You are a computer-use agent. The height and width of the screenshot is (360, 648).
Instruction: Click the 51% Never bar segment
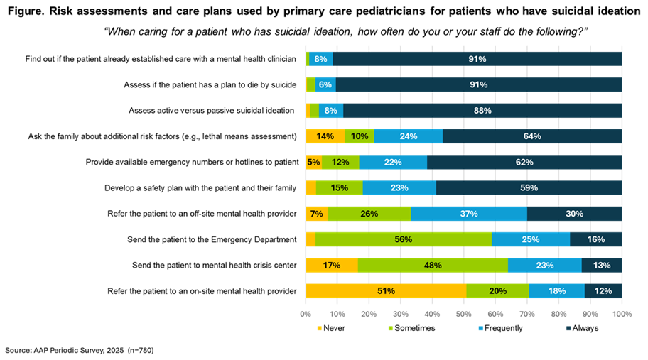click(x=386, y=291)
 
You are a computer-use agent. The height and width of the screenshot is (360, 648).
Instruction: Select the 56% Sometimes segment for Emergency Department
click(x=404, y=239)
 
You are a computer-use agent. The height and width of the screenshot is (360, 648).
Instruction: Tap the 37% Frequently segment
click(x=469, y=214)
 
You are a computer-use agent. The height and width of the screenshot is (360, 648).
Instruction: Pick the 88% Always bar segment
click(x=482, y=111)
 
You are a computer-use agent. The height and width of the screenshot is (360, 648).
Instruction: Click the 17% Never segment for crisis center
click(x=332, y=265)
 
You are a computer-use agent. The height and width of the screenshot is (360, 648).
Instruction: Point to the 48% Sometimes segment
click(x=433, y=265)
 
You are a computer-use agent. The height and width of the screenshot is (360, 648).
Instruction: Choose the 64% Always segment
click(x=532, y=136)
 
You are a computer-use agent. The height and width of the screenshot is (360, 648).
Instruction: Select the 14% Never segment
click(x=325, y=136)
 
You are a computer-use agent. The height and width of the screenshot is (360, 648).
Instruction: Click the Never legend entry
click(x=330, y=328)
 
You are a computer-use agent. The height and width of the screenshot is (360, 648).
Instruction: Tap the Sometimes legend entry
click(x=411, y=328)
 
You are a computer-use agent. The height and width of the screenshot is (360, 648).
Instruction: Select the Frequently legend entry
click(x=500, y=328)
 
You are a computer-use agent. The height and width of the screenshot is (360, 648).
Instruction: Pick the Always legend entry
click(x=583, y=328)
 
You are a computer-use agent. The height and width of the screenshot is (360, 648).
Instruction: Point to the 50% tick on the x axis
click(x=464, y=314)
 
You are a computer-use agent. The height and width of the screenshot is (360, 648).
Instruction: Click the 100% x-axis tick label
click(x=622, y=314)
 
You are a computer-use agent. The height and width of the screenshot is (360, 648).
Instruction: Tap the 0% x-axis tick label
click(x=306, y=314)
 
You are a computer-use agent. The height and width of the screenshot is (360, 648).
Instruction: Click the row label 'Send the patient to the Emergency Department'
click(x=212, y=239)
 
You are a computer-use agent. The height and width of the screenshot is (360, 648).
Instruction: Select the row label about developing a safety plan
click(x=200, y=188)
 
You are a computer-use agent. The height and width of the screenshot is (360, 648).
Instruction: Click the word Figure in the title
click(x=26, y=11)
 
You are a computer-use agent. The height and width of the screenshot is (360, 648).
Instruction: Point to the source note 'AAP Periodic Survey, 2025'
click(x=79, y=351)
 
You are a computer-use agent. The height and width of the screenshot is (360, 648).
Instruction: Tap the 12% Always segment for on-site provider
click(x=603, y=291)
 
